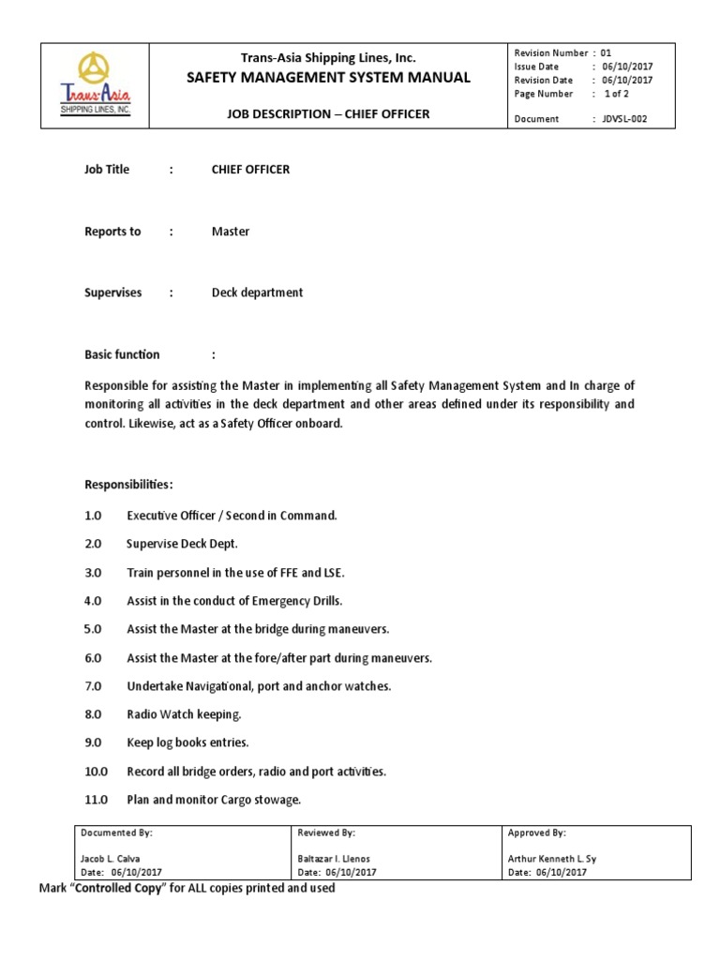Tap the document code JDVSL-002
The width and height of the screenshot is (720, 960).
click(x=624, y=119)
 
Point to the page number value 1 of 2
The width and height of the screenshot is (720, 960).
click(x=616, y=94)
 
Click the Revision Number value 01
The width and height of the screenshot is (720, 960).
click(x=605, y=53)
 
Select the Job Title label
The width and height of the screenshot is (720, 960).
click(x=107, y=170)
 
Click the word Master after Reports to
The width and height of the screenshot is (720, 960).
click(x=231, y=232)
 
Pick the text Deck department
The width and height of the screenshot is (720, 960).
click(x=257, y=292)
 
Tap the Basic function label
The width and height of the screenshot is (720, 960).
click(x=122, y=354)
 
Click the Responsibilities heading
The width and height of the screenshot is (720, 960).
click(x=128, y=485)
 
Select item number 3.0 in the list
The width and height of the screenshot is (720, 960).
click(x=94, y=572)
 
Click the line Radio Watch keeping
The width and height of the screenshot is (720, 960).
click(x=184, y=714)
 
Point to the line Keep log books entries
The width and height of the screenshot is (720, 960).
click(x=187, y=742)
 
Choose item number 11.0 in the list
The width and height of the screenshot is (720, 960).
click(x=97, y=800)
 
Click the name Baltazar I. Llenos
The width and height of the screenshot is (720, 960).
click(x=336, y=858)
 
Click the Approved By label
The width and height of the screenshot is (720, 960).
click(x=536, y=832)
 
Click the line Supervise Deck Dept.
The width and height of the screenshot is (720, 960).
click(x=182, y=544)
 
